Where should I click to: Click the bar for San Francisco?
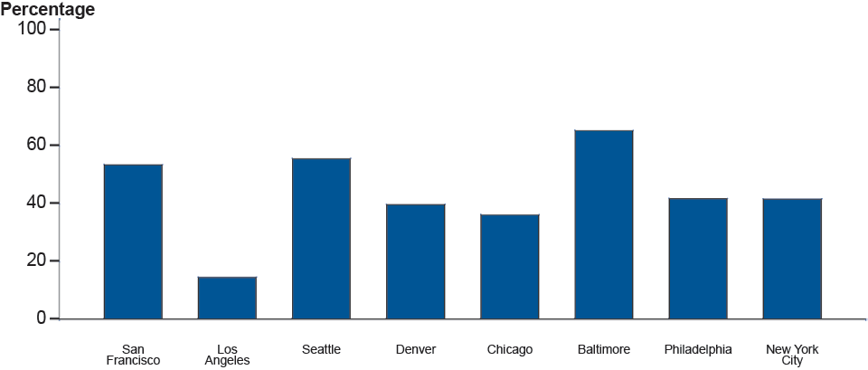[x=133, y=242]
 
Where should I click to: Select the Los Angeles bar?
[x=227, y=298]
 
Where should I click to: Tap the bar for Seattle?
[x=321, y=239]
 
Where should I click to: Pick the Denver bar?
[x=415, y=261]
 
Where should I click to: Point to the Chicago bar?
[x=509, y=267]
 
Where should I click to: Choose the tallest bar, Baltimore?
[x=603, y=224]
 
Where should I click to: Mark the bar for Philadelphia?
[x=697, y=259]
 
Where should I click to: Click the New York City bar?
[x=791, y=259]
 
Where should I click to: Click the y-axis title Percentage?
[x=47, y=10]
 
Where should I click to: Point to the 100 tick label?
[x=31, y=29]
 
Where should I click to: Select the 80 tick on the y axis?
[x=35, y=87]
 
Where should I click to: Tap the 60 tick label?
[x=35, y=145]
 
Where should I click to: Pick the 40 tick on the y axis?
[x=35, y=203]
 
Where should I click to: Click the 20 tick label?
[x=35, y=261]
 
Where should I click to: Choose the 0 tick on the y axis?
[x=41, y=318]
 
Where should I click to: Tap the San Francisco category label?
[x=133, y=355]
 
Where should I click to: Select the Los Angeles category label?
[x=227, y=355]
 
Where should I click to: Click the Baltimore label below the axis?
[x=603, y=349]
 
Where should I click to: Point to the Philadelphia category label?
[x=697, y=349]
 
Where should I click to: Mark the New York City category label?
[x=791, y=355]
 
